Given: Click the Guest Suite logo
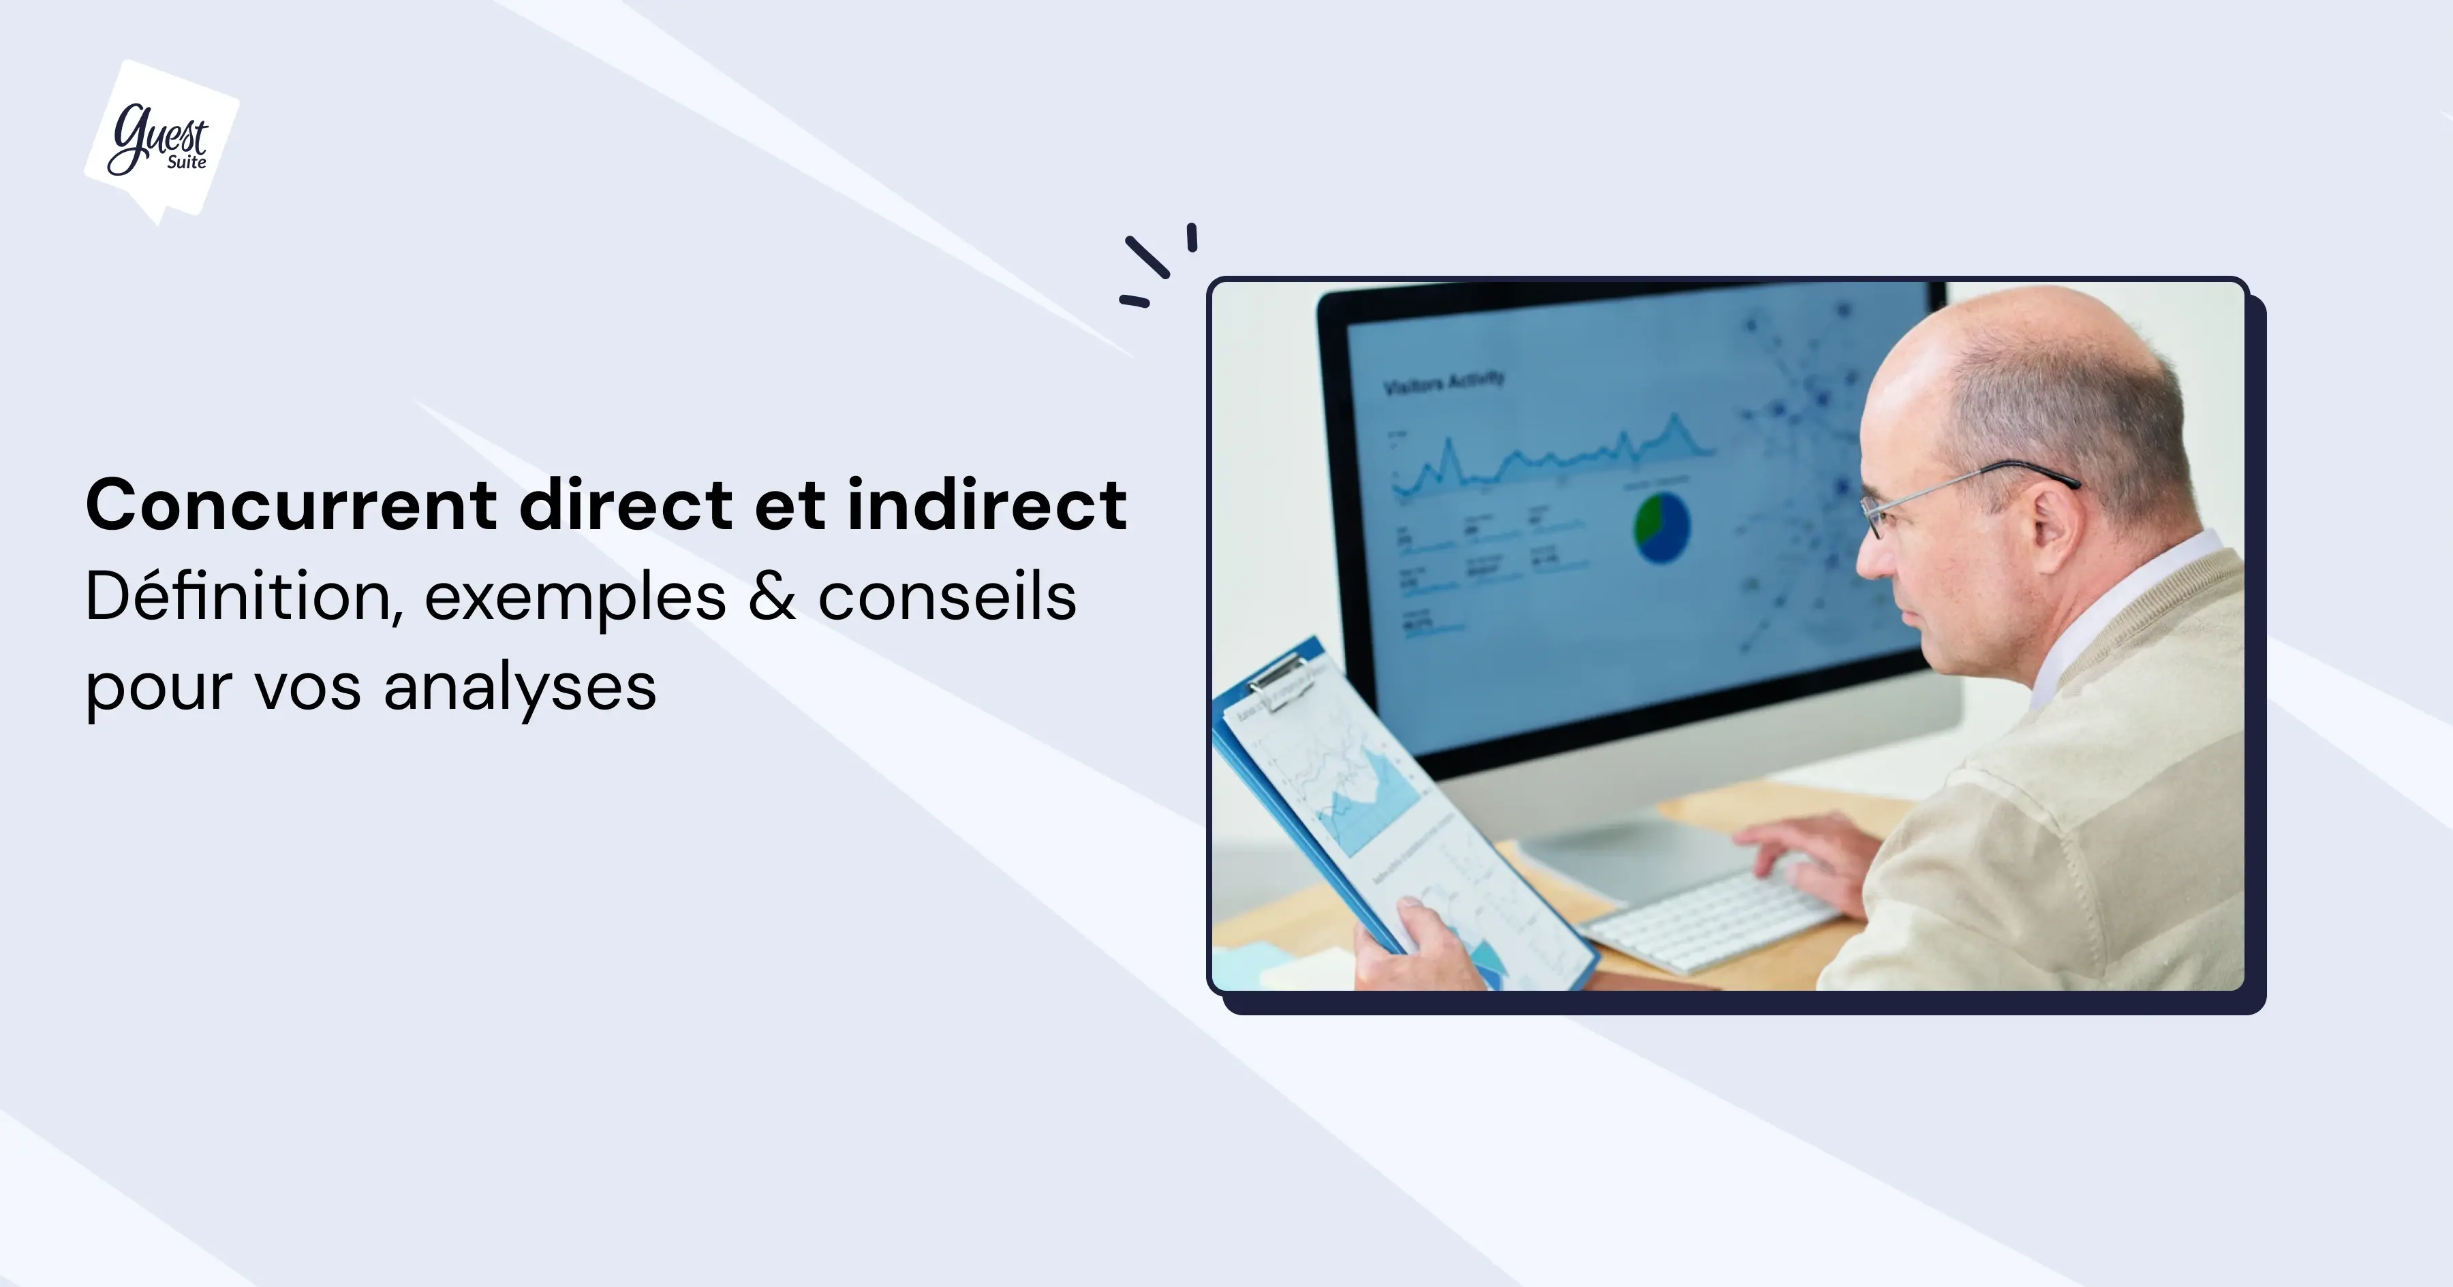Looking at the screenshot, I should [x=161, y=141].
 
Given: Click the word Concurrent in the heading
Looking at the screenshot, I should [x=290, y=505].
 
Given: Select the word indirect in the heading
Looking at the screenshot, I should [x=987, y=505].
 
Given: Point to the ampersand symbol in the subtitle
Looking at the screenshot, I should [x=771, y=598].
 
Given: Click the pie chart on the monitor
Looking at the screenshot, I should [x=1662, y=526].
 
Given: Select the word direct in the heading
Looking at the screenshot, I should [x=626, y=505].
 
